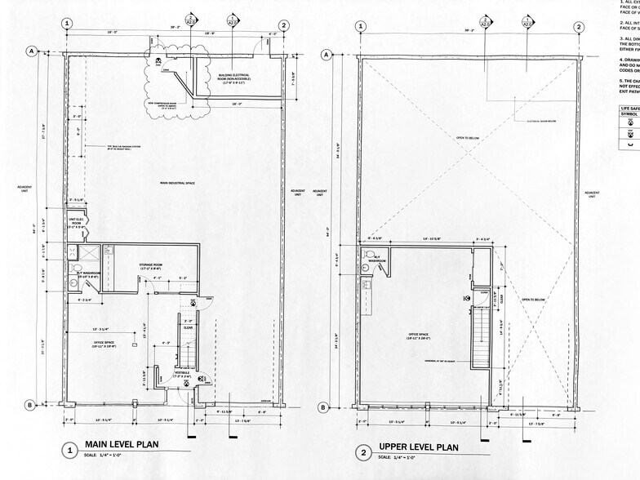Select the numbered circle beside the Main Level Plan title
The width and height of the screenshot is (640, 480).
pos(71,450)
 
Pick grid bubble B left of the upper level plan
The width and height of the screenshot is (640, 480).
pos(324,407)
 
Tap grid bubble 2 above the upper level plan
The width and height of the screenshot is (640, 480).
pos(578,26)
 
